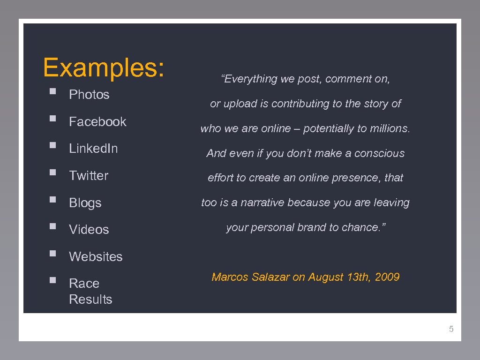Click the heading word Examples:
(x=104, y=67)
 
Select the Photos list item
(x=89, y=95)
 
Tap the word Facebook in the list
(x=97, y=122)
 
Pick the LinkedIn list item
(x=93, y=149)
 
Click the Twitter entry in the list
(x=89, y=176)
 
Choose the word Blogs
(x=85, y=203)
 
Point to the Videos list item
(x=89, y=230)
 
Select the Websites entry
(x=96, y=257)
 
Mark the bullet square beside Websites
(x=53, y=254)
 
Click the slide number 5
(x=451, y=329)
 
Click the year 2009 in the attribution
(x=387, y=277)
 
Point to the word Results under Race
(x=90, y=300)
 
